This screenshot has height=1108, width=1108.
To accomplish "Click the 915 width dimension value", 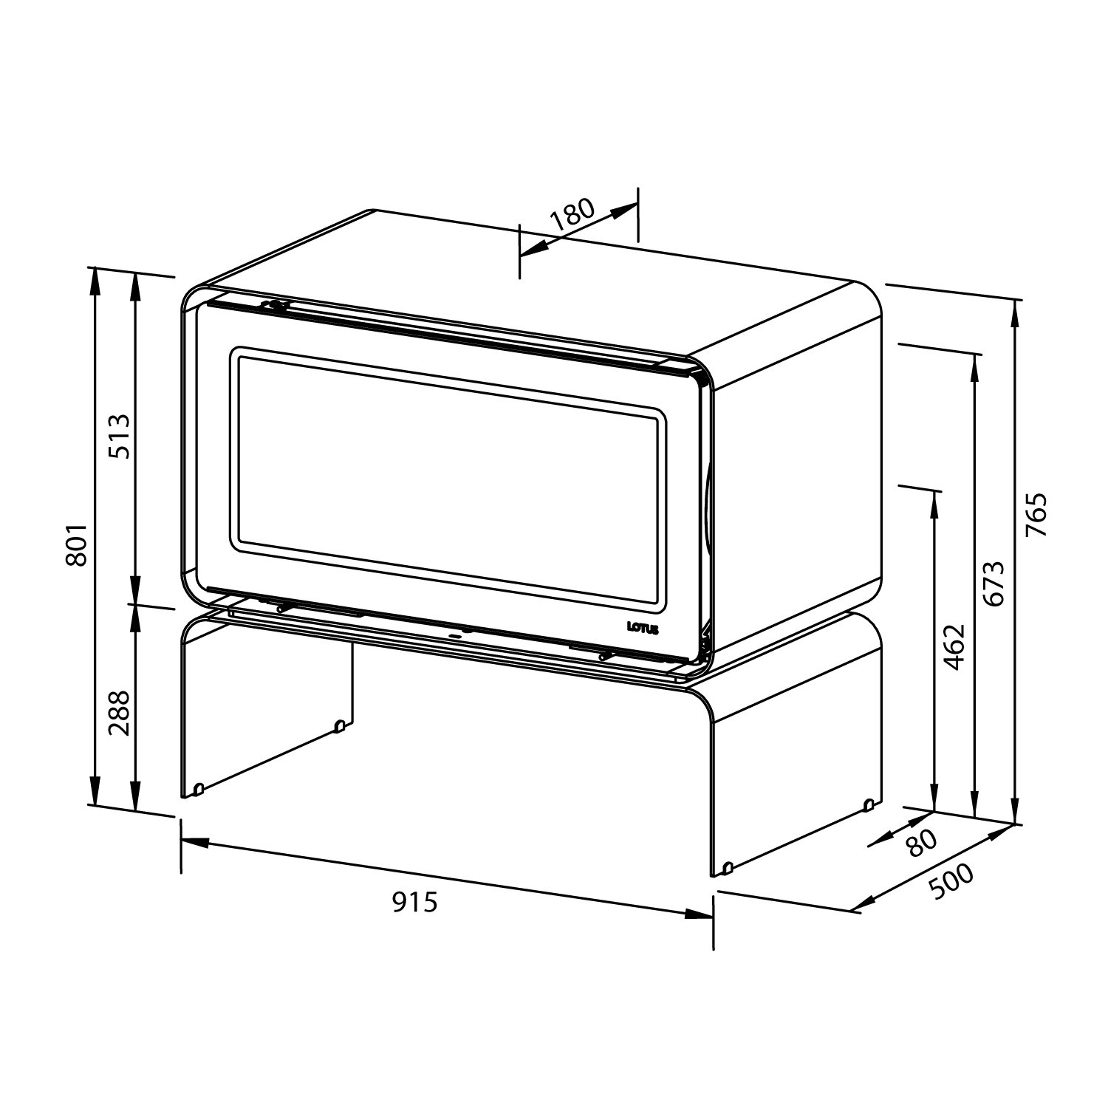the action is tap(414, 902).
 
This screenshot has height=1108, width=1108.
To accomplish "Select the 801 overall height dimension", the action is tap(77, 544).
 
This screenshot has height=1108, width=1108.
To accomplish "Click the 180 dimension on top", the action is tap(572, 215).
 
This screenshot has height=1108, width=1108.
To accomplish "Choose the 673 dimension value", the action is tap(995, 584).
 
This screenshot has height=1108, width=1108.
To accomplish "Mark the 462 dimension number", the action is tap(954, 647).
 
